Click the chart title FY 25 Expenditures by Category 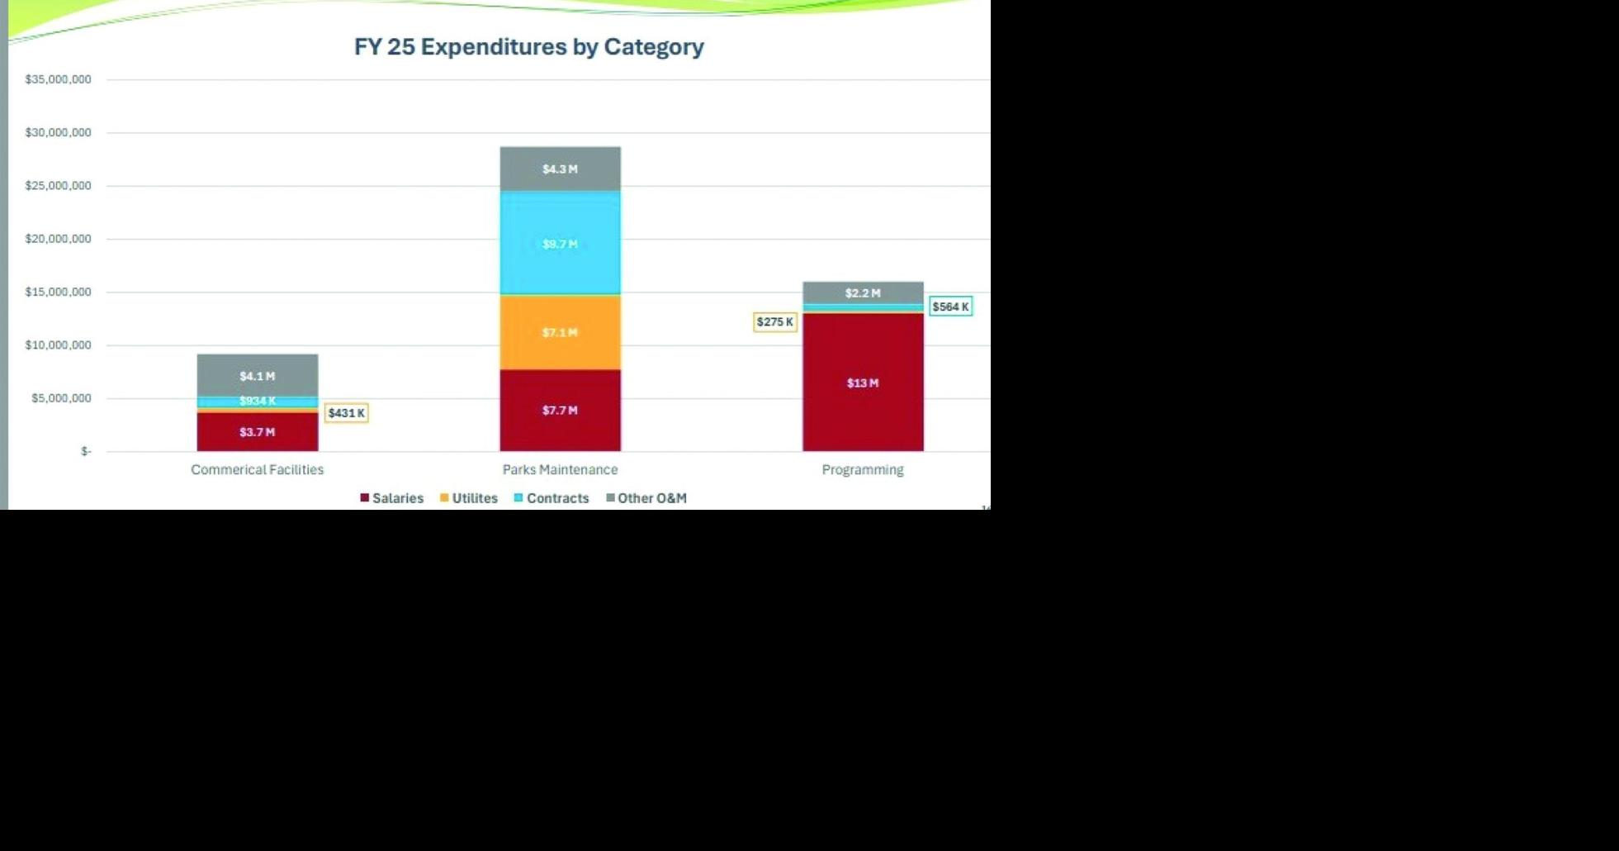click(x=528, y=47)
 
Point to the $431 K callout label click(x=346, y=413)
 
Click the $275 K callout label click(x=774, y=322)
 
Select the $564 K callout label click(x=950, y=307)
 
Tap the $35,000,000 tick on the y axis click(x=58, y=79)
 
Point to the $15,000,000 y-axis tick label click(x=58, y=292)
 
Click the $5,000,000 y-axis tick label click(x=61, y=398)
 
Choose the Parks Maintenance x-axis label click(x=560, y=470)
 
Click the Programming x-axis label click(x=863, y=470)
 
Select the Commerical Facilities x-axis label click(x=257, y=470)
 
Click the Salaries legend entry click(x=392, y=498)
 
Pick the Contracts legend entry click(x=552, y=498)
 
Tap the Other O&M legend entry click(x=646, y=498)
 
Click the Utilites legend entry click(x=469, y=498)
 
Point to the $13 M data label click(x=863, y=383)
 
